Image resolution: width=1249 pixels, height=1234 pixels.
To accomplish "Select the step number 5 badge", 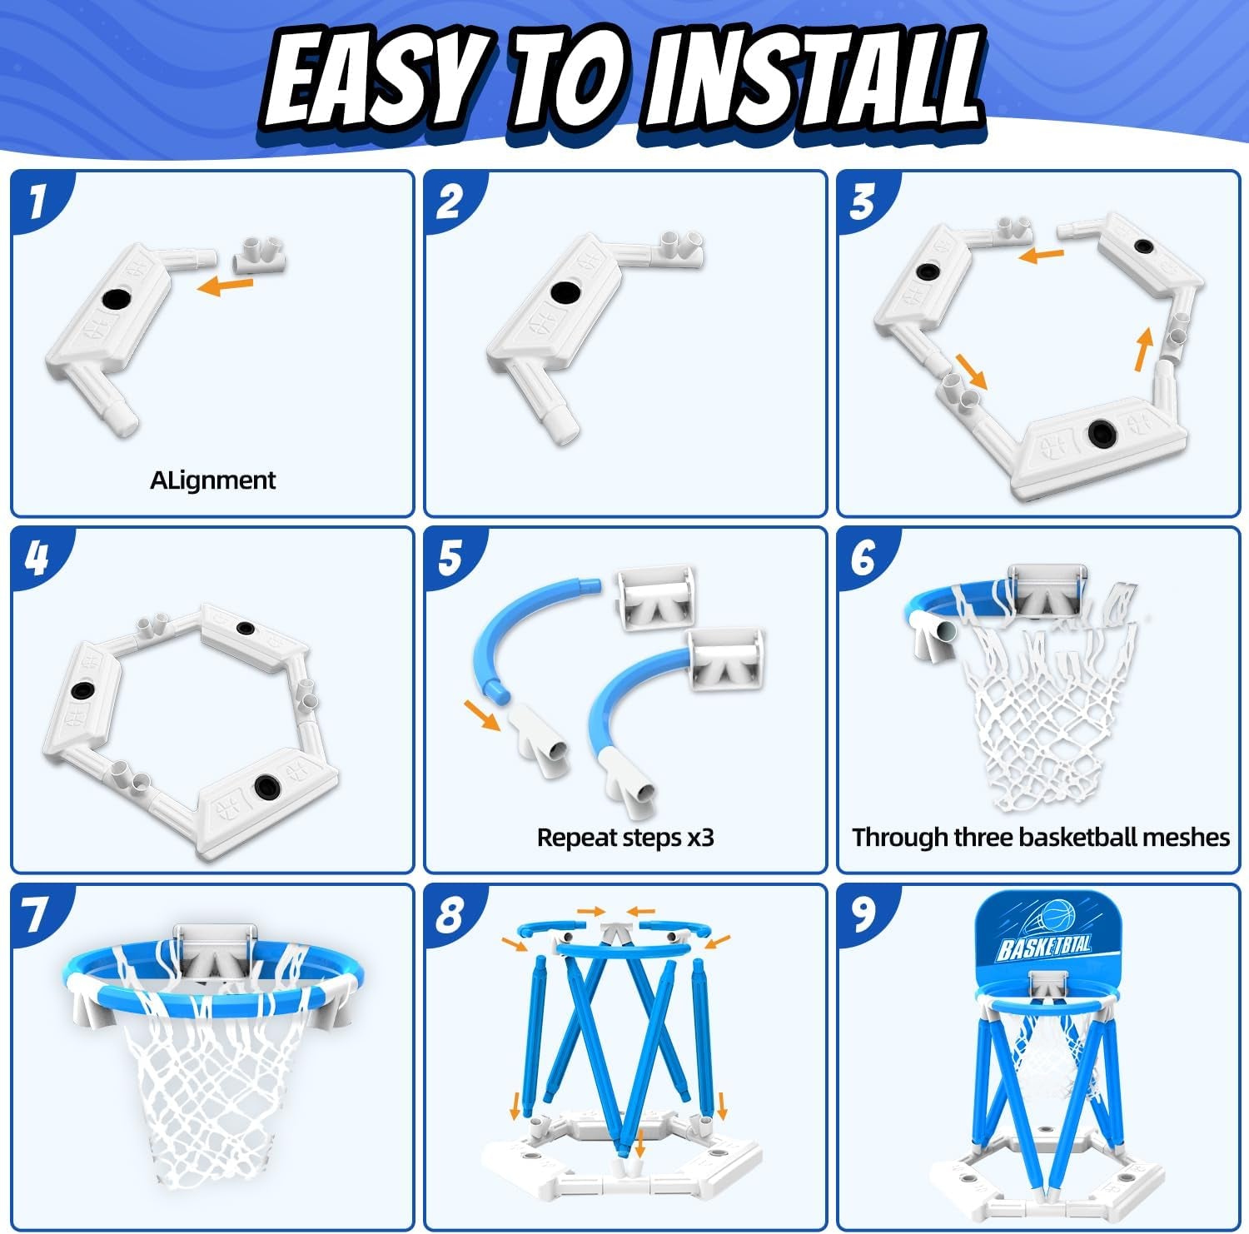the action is coord(450,558).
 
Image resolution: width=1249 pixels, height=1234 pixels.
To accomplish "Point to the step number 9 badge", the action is coord(863,914).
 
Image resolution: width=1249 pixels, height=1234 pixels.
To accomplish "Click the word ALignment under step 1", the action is coord(212,480).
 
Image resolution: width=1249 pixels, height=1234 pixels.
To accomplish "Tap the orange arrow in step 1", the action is coord(226,286).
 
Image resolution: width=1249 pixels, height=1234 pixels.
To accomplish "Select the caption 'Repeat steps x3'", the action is coord(625,837).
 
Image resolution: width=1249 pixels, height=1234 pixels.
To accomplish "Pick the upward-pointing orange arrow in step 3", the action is coord(1146,349).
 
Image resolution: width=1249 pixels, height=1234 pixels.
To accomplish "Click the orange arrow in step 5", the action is coord(482,714).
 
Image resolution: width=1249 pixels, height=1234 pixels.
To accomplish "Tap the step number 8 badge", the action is coord(450,914).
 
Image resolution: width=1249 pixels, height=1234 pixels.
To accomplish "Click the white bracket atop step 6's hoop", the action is coord(1047,593).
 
